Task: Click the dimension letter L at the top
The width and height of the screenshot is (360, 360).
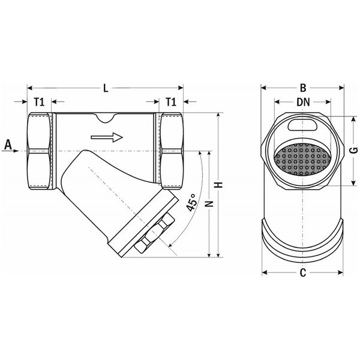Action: pyautogui.click(x=106, y=89)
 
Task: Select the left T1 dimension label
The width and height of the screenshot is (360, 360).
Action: pyautogui.click(x=40, y=102)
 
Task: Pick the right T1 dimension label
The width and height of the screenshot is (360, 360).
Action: pyautogui.click(x=172, y=102)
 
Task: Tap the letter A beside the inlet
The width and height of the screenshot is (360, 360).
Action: pyautogui.click(x=8, y=144)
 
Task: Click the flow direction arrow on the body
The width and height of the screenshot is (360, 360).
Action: pyautogui.click(x=107, y=137)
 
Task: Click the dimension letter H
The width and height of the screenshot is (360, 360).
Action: pyautogui.click(x=220, y=186)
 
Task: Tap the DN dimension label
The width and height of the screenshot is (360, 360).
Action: pyautogui.click(x=303, y=103)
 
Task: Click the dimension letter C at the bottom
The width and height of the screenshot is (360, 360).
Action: pyautogui.click(x=303, y=274)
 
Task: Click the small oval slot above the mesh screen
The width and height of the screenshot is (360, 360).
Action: pyautogui.click(x=303, y=125)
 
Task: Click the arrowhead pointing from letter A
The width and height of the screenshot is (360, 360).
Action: pyautogui.click(x=23, y=151)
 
